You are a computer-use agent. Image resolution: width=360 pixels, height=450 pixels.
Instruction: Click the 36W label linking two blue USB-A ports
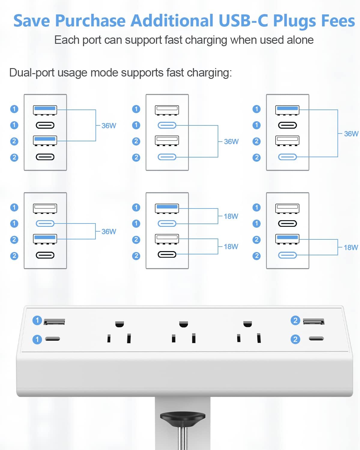point(109,126)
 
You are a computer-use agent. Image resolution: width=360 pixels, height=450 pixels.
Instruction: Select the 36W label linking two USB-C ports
point(231,142)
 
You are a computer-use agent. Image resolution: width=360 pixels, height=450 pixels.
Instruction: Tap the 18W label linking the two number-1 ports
point(231,216)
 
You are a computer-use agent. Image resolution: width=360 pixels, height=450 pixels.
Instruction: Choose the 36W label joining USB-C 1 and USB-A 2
point(109,232)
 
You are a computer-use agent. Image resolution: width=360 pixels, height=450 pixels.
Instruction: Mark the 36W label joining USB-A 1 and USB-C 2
point(351,134)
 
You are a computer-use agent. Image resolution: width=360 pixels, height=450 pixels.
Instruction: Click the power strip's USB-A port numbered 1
point(54,322)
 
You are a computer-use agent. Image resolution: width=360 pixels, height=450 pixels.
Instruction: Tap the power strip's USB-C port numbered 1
point(53,339)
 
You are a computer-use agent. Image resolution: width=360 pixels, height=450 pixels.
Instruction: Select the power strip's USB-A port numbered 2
point(313,322)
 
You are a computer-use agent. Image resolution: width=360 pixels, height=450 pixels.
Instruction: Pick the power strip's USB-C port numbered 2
point(316,339)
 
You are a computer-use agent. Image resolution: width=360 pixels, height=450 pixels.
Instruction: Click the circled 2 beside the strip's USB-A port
point(295,320)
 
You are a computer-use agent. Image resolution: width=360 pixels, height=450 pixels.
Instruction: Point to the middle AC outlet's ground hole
point(183,324)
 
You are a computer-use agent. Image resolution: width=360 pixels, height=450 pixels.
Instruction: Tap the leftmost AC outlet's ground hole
point(119,324)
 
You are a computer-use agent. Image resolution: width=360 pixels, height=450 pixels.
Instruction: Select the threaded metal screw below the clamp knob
point(183,438)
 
